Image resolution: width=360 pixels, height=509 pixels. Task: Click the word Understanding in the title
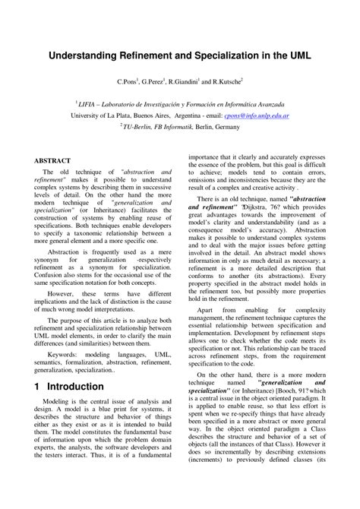click(x=83, y=56)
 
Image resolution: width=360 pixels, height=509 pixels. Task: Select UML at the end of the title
click(x=296, y=56)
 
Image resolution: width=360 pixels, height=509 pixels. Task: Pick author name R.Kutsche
click(x=223, y=81)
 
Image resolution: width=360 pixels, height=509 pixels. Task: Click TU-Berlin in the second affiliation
click(x=140, y=128)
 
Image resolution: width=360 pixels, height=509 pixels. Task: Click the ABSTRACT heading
click(x=52, y=161)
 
